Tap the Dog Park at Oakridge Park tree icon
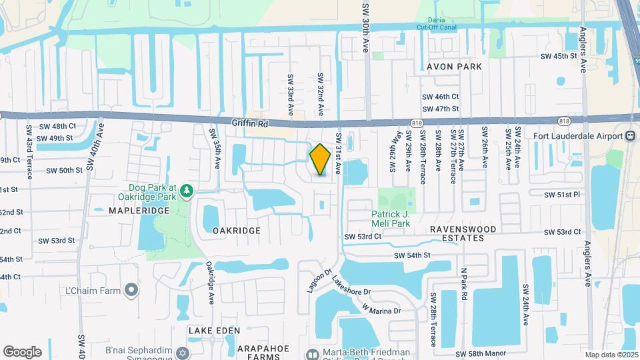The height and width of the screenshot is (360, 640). click(x=188, y=191)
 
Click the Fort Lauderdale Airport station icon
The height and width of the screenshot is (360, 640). click(x=631, y=136)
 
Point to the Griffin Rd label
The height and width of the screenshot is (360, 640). click(x=250, y=123)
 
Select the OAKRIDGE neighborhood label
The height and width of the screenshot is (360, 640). click(x=236, y=230)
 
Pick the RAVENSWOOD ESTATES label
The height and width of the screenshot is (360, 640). click(x=463, y=233)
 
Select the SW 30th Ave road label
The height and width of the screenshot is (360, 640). click(x=365, y=27)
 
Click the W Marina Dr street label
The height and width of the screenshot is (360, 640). click(x=383, y=310)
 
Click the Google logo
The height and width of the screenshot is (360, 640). click(x=22, y=352)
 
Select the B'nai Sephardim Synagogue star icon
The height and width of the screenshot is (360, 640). click(x=183, y=351)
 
